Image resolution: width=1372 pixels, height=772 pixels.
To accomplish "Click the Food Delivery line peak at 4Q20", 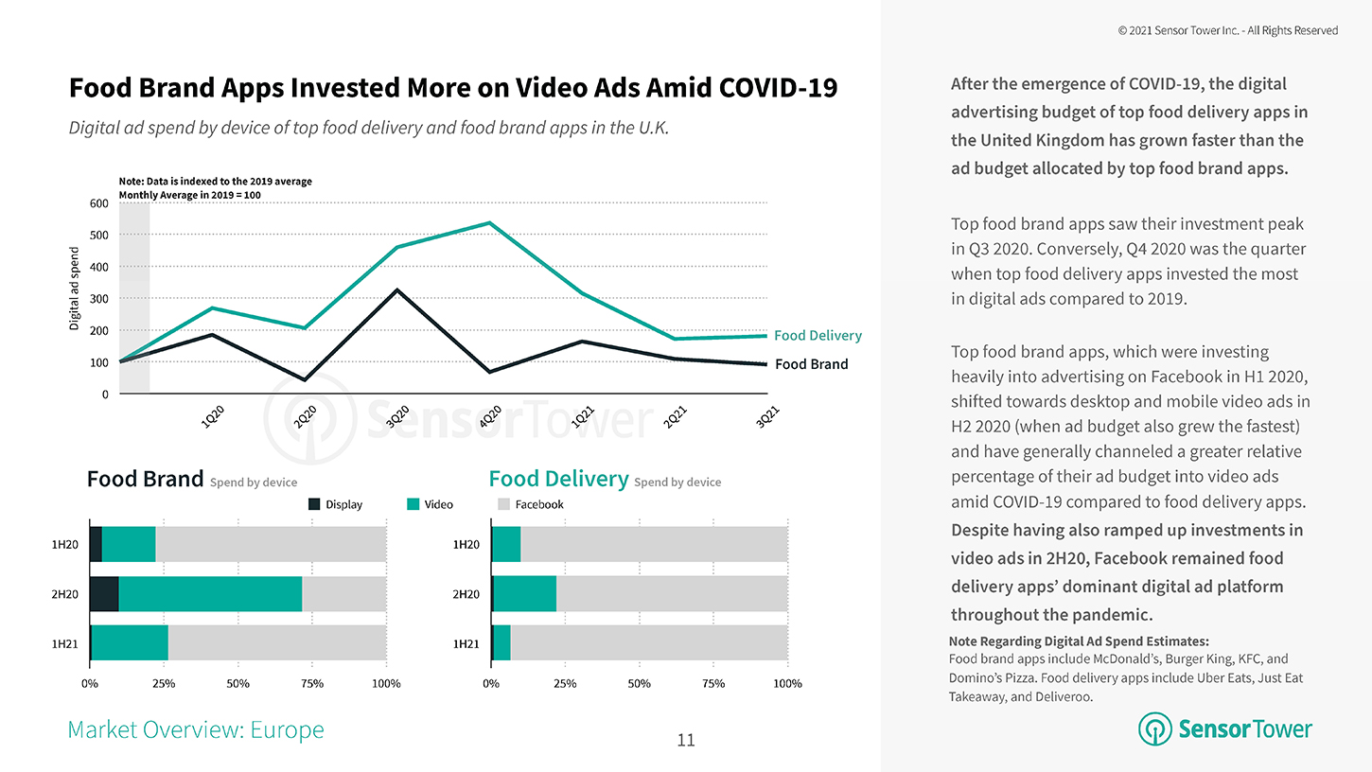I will click(x=489, y=223).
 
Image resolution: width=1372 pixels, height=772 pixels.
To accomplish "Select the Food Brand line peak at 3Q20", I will click(x=397, y=289).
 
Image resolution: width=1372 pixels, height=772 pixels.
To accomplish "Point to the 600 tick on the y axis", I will click(x=98, y=202).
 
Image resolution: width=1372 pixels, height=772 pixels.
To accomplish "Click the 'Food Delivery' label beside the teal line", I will click(x=818, y=336).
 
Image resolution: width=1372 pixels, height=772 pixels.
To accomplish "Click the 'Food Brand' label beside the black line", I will click(x=811, y=364).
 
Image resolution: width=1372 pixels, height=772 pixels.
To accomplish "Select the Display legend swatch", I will click(x=314, y=504).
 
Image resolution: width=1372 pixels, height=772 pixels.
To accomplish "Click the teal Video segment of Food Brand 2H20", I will click(x=210, y=594).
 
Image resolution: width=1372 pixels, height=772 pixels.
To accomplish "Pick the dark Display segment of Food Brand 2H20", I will click(x=104, y=594).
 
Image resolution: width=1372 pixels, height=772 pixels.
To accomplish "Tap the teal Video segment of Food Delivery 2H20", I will click(x=524, y=594).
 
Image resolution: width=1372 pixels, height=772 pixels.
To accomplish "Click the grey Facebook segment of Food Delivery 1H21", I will click(x=649, y=643).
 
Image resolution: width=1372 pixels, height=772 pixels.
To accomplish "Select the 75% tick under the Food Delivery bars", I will click(x=713, y=683).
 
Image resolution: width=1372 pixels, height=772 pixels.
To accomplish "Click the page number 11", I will click(x=686, y=740).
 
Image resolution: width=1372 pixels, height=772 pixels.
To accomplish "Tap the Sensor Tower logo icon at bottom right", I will click(x=1154, y=729).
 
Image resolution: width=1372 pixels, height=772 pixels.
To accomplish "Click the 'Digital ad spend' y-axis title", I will click(x=75, y=289).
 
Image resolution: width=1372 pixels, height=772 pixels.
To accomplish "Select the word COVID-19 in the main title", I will click(x=778, y=88).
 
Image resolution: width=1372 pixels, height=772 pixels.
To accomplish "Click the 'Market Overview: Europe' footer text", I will click(x=196, y=729).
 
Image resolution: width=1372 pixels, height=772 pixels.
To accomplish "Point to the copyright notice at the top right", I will click(x=1227, y=30).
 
